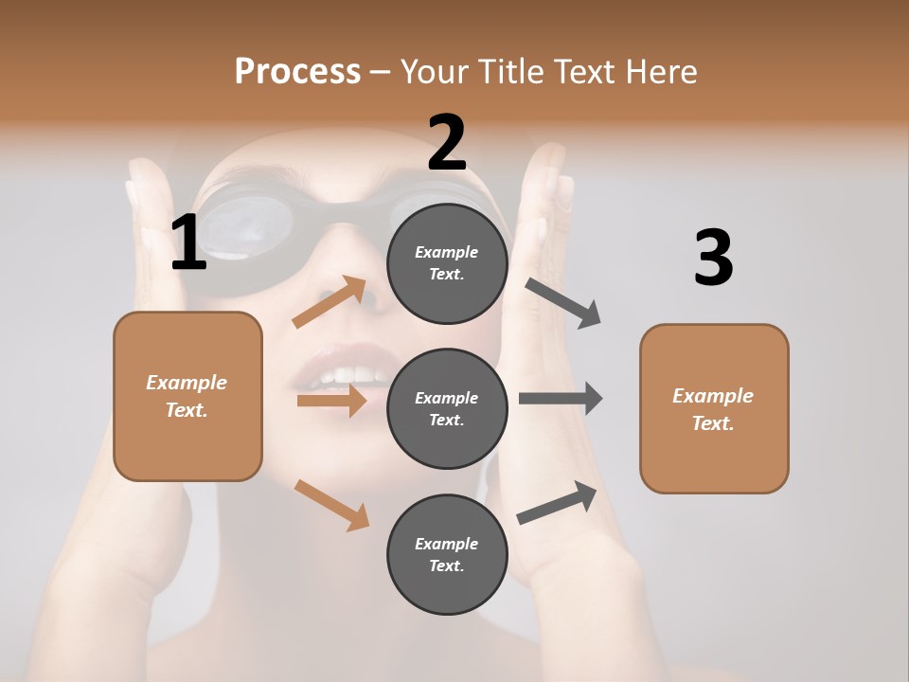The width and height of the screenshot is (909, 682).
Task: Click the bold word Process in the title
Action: [297, 72]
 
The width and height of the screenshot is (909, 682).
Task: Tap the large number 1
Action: [188, 242]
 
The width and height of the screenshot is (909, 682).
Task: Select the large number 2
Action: [447, 142]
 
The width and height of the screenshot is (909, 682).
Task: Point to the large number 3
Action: [713, 258]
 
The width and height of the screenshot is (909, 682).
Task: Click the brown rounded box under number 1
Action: [187, 396]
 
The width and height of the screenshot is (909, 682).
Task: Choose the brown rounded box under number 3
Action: [714, 408]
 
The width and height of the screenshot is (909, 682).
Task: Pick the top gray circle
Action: [447, 263]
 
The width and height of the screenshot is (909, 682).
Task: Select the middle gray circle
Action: [447, 408]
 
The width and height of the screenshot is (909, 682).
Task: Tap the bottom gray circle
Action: [447, 554]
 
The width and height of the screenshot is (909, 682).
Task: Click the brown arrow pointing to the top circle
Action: [330, 302]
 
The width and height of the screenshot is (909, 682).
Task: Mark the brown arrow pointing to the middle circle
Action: [331, 401]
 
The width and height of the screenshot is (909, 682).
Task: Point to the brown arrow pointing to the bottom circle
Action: [332, 505]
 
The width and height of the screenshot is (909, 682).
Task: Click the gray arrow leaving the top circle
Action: [563, 303]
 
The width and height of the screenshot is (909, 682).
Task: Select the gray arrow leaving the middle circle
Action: [561, 399]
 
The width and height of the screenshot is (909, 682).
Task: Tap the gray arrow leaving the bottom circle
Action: [557, 503]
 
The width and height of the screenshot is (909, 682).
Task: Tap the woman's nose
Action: [374, 289]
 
